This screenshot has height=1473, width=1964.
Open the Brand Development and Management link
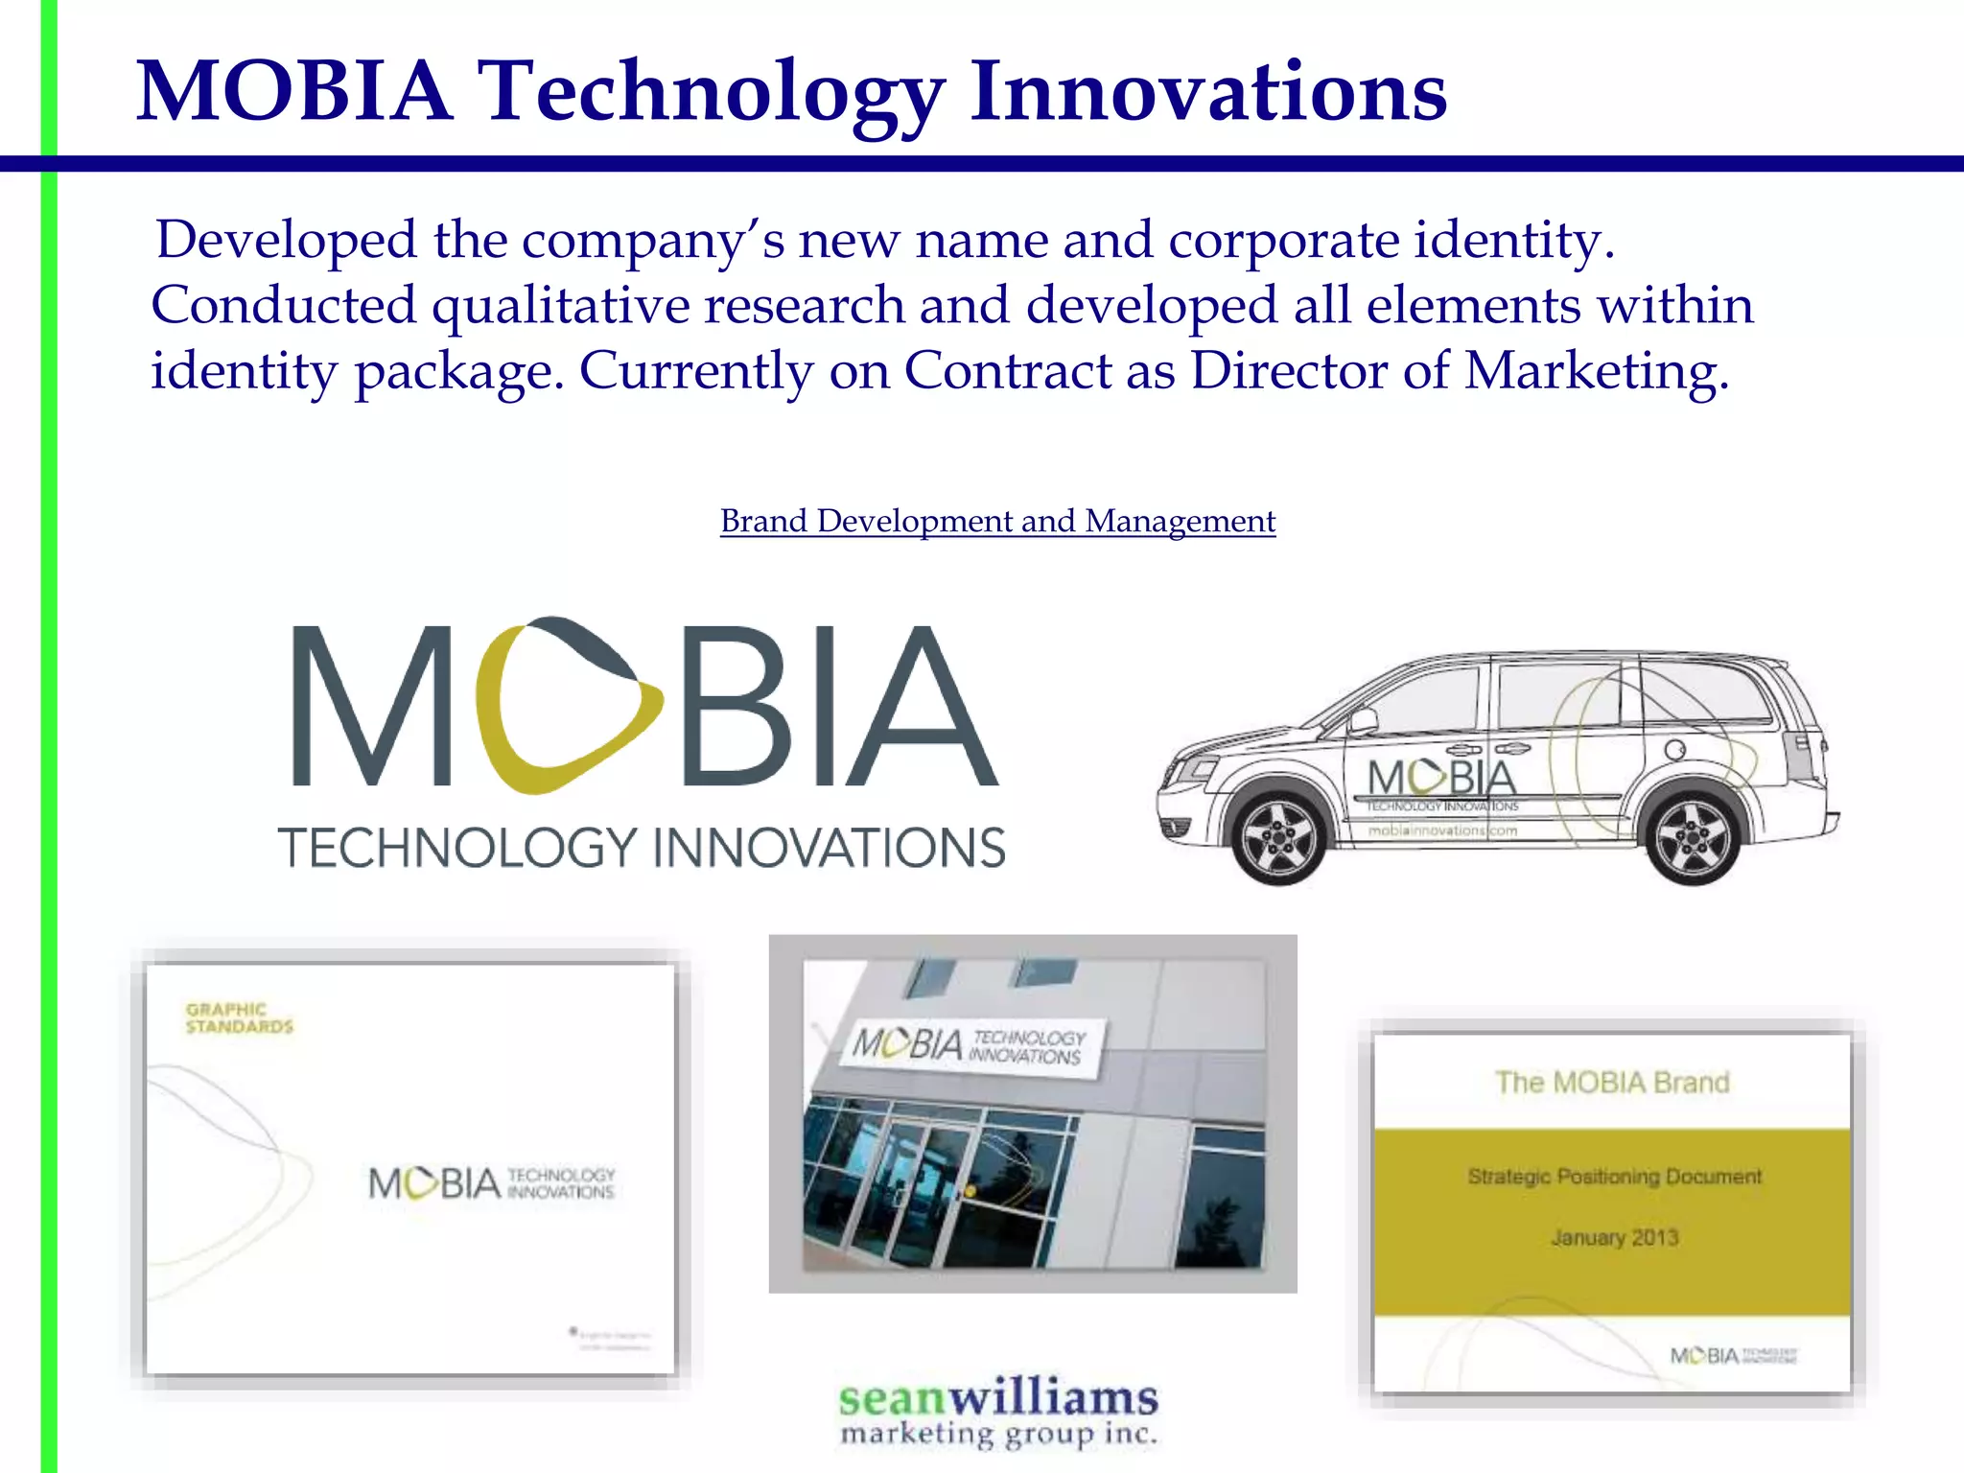point(997,521)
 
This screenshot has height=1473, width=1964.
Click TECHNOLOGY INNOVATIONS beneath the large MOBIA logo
point(642,848)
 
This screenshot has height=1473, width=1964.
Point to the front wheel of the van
point(1279,837)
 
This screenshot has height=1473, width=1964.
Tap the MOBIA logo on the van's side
point(1442,779)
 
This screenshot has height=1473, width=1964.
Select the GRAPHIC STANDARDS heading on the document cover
point(239,1017)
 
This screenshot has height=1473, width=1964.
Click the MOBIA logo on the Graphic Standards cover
point(491,1183)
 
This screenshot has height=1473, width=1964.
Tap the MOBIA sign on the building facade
point(970,1045)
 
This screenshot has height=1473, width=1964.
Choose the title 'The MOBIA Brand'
point(1612,1083)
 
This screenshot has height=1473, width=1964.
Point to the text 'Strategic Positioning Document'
point(1614,1177)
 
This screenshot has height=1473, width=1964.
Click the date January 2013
point(1615,1238)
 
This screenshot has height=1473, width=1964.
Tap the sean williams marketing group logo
point(998,1412)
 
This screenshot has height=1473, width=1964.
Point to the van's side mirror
point(1362,720)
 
